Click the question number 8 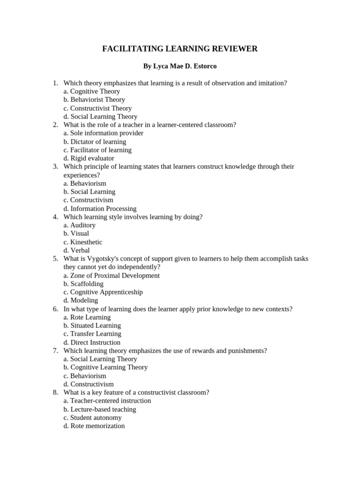[x=55, y=392]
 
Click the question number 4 [x=55, y=217]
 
